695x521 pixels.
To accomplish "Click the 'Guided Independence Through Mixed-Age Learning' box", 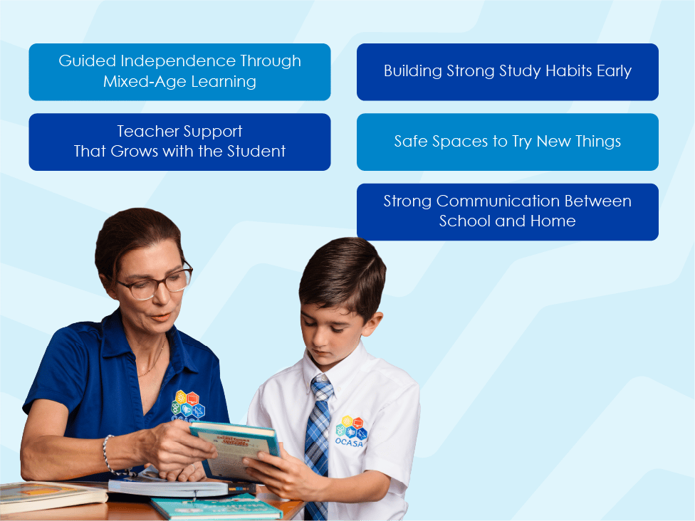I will point(179,71).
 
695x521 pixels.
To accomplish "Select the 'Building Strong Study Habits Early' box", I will point(507,71).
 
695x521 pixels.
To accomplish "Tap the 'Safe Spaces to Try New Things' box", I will point(507,142).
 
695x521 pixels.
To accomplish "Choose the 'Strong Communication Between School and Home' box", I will point(507,211).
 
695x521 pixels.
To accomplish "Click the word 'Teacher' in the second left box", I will point(148,131).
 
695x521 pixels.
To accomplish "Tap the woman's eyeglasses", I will point(153,284).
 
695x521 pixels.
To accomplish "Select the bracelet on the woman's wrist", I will point(108,456).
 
